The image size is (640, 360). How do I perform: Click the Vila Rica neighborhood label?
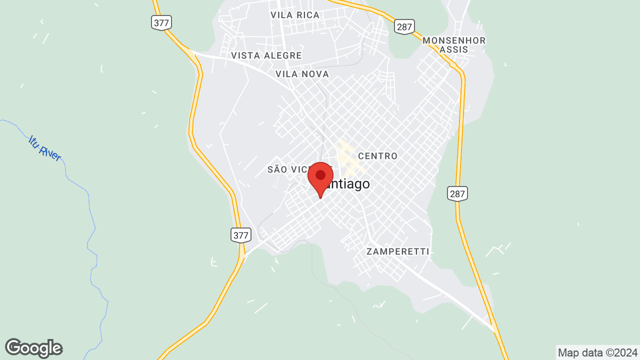[x=294, y=15]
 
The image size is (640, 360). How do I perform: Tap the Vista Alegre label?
[x=266, y=55]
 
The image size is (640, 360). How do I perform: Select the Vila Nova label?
[x=302, y=74]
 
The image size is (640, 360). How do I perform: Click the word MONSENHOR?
[x=454, y=40]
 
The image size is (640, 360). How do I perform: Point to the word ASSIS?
[x=454, y=49]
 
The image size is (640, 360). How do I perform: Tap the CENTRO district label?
[x=377, y=156]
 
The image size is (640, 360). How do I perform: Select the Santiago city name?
[x=348, y=184]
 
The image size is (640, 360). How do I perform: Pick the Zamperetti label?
[x=397, y=251]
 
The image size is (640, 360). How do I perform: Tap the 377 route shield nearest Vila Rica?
[x=161, y=22]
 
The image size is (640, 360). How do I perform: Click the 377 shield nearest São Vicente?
[x=240, y=234]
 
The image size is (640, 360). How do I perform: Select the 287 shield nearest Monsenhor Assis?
[x=403, y=26]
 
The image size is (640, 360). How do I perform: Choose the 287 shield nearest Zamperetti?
[x=457, y=193]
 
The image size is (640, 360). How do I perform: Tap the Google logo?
[x=33, y=348]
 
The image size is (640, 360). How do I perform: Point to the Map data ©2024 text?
[x=597, y=352]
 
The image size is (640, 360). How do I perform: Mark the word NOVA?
[x=315, y=74]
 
